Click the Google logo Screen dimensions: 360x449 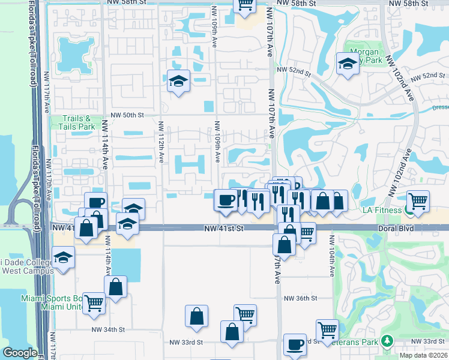coord(20,353)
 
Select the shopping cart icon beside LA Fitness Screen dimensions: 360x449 coord(418,202)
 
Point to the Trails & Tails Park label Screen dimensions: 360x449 coord(78,123)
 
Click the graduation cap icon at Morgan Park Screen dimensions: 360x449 coord(347,64)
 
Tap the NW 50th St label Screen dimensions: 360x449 coord(128,115)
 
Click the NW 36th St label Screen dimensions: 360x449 coord(300,298)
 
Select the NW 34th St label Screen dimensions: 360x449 coord(108,329)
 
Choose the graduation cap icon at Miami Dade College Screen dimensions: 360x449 coord(62,259)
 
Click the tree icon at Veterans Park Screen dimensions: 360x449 coord(387,341)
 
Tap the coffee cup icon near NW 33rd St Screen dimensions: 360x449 coord(295,344)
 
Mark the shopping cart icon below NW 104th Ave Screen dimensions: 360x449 coord(327,329)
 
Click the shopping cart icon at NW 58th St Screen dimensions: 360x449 coord(244,5)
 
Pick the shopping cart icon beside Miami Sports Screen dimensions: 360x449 coord(94,303)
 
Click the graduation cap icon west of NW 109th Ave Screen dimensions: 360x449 coord(178,80)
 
